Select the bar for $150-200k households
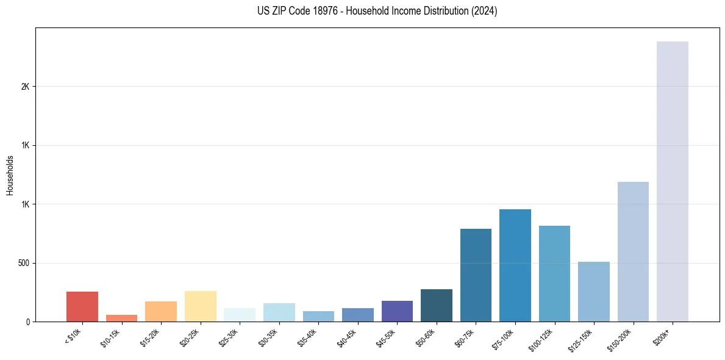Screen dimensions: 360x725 tap(633, 251)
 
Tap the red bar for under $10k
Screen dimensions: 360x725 tap(82, 306)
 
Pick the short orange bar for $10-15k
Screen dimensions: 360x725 tap(121, 318)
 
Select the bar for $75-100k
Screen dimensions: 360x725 tap(515, 265)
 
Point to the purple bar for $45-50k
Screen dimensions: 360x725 tap(397, 311)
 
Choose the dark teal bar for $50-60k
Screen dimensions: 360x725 tap(436, 305)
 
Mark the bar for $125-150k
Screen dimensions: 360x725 tap(593, 292)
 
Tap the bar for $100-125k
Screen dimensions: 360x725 tap(554, 273)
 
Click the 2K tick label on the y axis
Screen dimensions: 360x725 tap(25, 87)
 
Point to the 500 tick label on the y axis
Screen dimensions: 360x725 tap(24, 263)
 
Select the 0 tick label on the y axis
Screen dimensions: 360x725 tap(27, 322)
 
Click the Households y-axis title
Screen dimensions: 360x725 tap(10, 175)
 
